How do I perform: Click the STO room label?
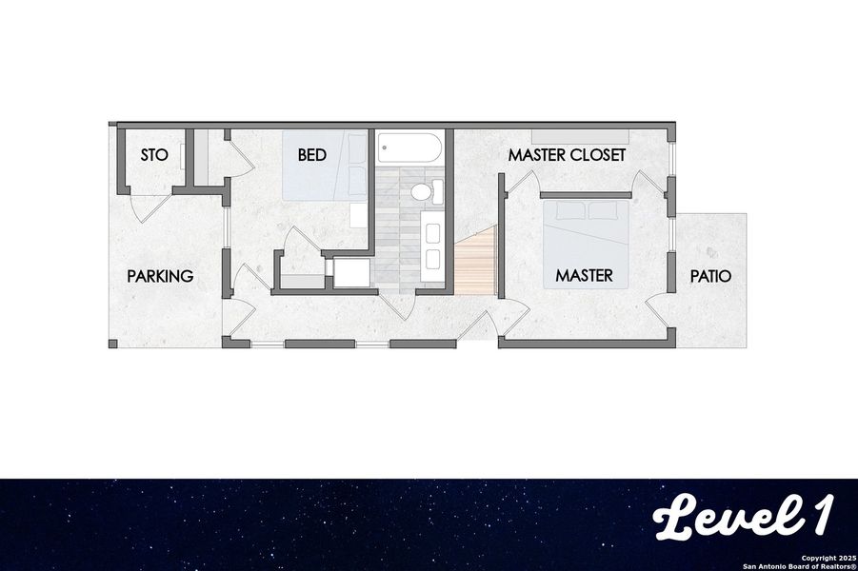tap(154, 154)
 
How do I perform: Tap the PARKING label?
tap(160, 277)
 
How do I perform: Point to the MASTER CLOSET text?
tap(567, 154)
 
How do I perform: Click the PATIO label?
tap(711, 277)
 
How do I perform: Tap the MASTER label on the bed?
tap(584, 276)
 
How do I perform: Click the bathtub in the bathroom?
tap(409, 148)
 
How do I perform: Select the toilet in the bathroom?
tap(423, 191)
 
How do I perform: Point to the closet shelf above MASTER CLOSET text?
tap(580, 135)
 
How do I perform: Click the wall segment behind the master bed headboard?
tap(586, 195)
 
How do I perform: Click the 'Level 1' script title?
tap(744, 518)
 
